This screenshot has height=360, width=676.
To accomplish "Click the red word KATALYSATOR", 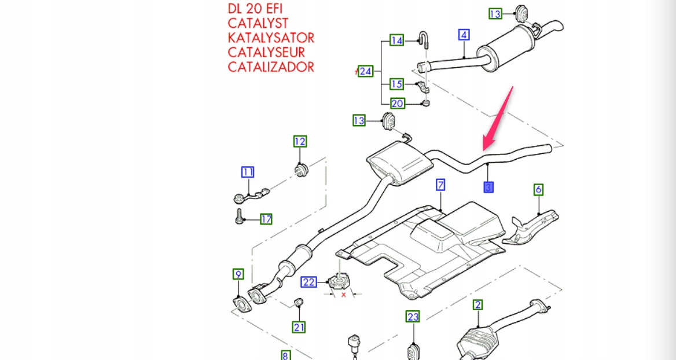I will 271,38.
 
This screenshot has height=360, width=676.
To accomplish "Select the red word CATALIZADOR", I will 271,67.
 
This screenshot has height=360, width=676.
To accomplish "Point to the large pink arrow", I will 498,117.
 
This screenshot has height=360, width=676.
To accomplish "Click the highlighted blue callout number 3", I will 488,187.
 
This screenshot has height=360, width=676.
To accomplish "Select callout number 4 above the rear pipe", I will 464,35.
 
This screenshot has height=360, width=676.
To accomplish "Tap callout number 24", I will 365,71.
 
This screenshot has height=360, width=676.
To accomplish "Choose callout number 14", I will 396,41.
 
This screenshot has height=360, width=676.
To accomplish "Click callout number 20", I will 396,104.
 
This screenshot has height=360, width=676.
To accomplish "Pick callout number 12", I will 300,141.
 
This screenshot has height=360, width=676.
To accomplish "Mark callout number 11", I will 248,172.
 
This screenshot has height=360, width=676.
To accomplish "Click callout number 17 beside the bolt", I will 266,219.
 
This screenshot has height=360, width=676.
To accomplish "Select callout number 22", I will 309,282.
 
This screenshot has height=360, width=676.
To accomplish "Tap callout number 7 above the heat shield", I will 440,185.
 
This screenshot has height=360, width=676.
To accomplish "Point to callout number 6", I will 538,189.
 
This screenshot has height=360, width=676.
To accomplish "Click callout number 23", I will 413,317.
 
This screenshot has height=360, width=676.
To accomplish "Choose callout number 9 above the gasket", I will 238,274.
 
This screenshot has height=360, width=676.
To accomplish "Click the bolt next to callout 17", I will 238,217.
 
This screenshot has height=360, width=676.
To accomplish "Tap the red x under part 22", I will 343,295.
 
